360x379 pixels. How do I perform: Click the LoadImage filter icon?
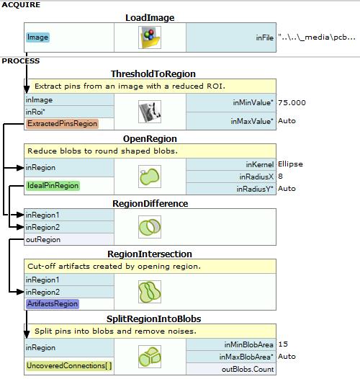pyautogui.click(x=150, y=37)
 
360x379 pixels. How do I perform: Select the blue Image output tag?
pyautogui.click(x=37, y=37)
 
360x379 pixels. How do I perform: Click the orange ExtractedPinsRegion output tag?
pyautogui.click(x=62, y=124)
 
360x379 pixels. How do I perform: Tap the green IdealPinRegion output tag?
pyautogui.click(x=53, y=186)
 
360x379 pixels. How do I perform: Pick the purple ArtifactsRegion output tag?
pyautogui.click(x=53, y=304)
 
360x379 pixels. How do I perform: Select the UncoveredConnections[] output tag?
pyautogui.click(x=69, y=366)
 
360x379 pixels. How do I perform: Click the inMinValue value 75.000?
pyautogui.click(x=292, y=103)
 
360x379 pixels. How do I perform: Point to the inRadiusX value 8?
pyautogui.click(x=280, y=177)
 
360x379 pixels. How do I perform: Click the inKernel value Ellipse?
pyautogui.click(x=290, y=164)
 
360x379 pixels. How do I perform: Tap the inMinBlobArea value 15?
pyautogui.click(x=283, y=344)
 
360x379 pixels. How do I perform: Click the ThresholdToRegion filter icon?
pyautogui.click(x=150, y=112)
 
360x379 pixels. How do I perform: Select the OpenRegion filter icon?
pyautogui.click(x=150, y=177)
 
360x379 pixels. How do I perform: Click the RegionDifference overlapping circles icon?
pyautogui.click(x=150, y=227)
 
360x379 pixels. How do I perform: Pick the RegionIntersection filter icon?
pyautogui.click(x=150, y=292)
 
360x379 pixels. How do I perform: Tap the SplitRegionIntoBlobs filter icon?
pyautogui.click(x=150, y=357)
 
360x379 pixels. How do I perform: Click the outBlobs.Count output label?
pyautogui.click(x=248, y=370)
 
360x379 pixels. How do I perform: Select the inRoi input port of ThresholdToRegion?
pyautogui.click(x=35, y=112)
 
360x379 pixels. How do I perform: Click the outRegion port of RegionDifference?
pyautogui.click(x=43, y=239)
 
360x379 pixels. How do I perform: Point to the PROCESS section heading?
pyautogui.click(x=21, y=61)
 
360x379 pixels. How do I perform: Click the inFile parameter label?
pyautogui.click(x=265, y=37)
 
